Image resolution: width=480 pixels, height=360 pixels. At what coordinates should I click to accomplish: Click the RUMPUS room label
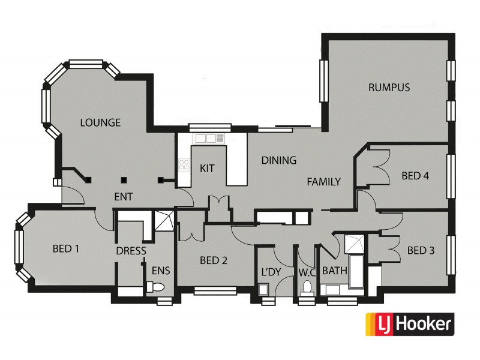pyautogui.click(x=389, y=88)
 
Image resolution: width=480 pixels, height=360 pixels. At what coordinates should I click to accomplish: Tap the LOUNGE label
pyautogui.click(x=100, y=123)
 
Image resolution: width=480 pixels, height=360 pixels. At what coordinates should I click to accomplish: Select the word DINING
pyautogui.click(x=279, y=160)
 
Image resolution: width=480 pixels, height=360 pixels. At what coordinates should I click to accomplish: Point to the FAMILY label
pyautogui.click(x=324, y=182)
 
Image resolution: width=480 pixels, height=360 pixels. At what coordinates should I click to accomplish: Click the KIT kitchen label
pyautogui.click(x=207, y=168)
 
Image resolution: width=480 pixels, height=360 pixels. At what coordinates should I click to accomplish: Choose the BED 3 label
pyautogui.click(x=421, y=250)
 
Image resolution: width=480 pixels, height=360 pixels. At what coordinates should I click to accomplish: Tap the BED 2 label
pyautogui.click(x=214, y=260)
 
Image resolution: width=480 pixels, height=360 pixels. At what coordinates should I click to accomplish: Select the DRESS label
pyautogui.click(x=131, y=251)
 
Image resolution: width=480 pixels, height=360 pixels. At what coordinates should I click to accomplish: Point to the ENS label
pyautogui.click(x=161, y=271)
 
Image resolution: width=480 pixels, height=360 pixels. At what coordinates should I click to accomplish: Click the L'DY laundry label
pyautogui.click(x=271, y=272)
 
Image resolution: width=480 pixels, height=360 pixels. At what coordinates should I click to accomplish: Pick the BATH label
pyautogui.click(x=335, y=271)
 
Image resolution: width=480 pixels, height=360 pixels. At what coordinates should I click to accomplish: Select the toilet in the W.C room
pyautogui.click(x=308, y=287)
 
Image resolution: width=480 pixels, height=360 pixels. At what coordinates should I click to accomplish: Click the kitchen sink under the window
pyautogui.click(x=205, y=139)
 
